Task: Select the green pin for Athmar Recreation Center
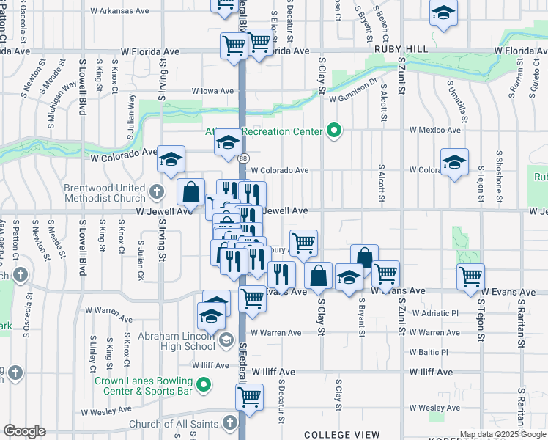(x=335, y=131)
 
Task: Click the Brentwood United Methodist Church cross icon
(x=155, y=192)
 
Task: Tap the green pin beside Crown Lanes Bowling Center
(x=206, y=383)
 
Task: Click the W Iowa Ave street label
(x=212, y=91)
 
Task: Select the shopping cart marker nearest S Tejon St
(x=470, y=276)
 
